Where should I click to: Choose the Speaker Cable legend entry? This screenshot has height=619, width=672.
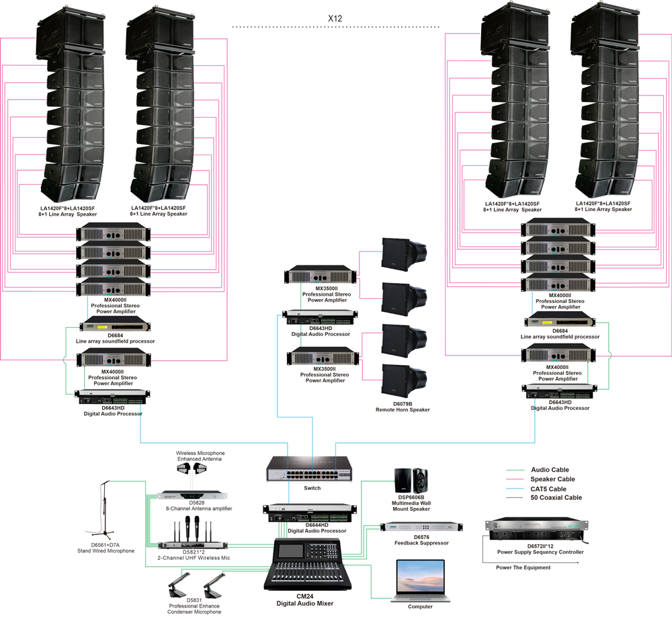pyautogui.click(x=552, y=479)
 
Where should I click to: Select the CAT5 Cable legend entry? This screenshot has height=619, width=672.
pyautogui.click(x=548, y=489)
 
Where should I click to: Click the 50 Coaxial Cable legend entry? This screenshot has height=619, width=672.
pyautogui.click(x=555, y=498)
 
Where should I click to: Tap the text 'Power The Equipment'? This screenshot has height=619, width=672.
pyautogui.click(x=523, y=568)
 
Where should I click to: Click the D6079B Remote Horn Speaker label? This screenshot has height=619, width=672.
pyautogui.click(x=403, y=406)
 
